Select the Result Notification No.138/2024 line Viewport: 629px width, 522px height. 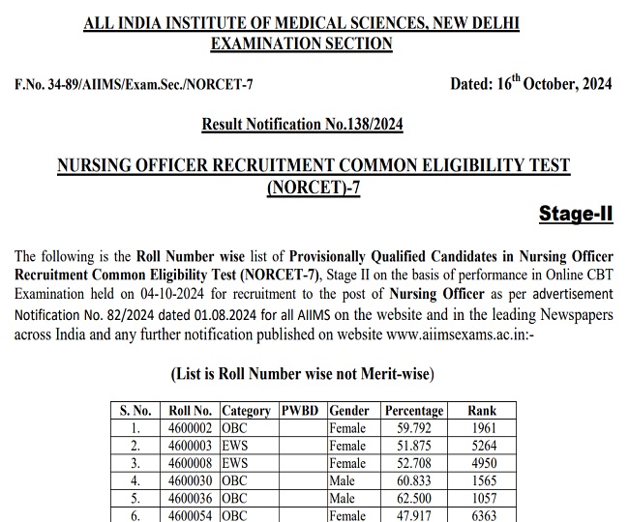302,124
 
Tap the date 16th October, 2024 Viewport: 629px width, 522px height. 530,84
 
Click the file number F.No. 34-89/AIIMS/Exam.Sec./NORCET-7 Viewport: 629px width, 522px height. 134,85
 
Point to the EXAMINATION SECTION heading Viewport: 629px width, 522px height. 301,43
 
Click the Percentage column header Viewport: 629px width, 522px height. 414,410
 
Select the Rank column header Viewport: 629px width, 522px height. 482,410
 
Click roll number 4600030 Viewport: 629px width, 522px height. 190,480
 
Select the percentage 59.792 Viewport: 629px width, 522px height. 414,427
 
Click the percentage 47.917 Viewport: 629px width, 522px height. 414,515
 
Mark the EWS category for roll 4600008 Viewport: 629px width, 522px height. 234,463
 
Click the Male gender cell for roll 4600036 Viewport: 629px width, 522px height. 343,498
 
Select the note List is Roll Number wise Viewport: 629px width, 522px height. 302,373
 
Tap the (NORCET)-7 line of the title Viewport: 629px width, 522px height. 313,188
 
